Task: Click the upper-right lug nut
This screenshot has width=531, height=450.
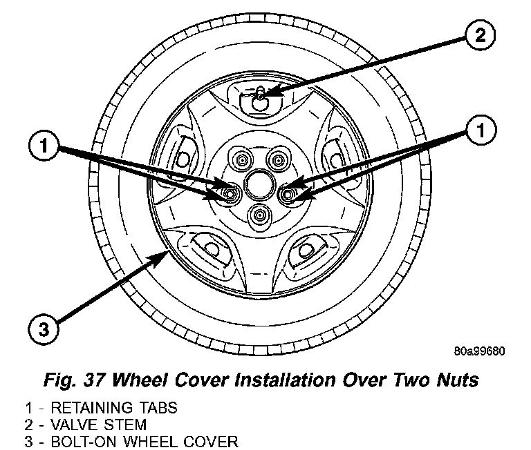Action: pos(278,162)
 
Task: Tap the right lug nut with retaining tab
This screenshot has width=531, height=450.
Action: pos(290,193)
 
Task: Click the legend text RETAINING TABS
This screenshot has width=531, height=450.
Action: pos(120,408)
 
